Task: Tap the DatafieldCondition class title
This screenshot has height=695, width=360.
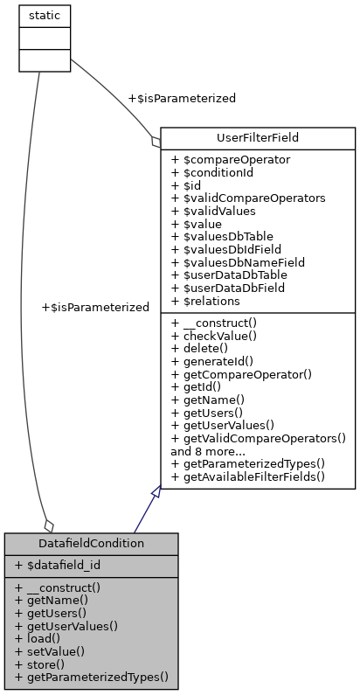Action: point(91,543)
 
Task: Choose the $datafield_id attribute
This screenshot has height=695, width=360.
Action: point(58,566)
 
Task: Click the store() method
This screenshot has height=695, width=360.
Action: point(39,664)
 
